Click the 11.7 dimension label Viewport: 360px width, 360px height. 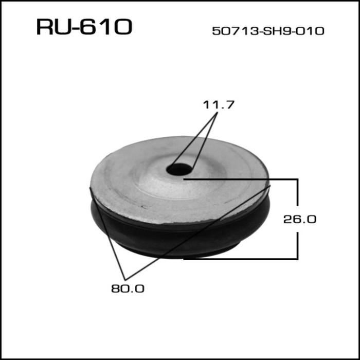tap(218, 105)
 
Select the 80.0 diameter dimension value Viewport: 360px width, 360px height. tap(128, 289)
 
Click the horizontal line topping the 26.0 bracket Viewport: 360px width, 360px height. tap(242, 179)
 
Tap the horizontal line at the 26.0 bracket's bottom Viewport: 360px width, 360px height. tap(242, 258)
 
